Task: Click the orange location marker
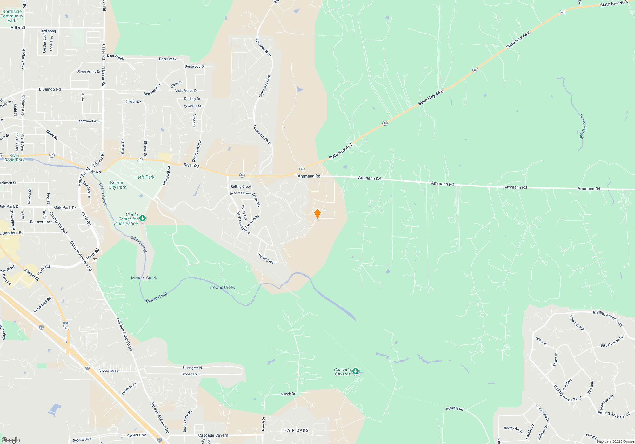317,214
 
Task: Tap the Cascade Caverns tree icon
356,371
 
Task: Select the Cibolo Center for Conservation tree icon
143,218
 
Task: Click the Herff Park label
144,177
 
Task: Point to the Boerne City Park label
117,185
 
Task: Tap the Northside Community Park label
12,16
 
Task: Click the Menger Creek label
144,278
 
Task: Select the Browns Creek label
222,287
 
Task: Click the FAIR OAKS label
296,430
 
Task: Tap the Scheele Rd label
454,408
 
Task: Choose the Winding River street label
267,259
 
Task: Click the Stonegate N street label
192,368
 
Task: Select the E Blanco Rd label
50,89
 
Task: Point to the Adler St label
18,28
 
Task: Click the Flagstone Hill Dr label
612,341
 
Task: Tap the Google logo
11,440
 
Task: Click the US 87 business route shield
66,325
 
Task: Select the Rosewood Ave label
88,121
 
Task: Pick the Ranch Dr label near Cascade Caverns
288,394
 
